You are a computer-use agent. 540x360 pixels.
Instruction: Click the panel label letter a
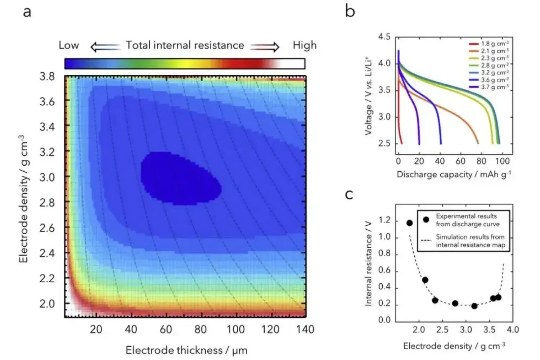[x=27, y=12]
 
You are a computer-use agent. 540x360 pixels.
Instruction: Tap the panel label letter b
[x=350, y=11]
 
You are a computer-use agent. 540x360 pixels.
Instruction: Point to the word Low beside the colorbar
[x=69, y=45]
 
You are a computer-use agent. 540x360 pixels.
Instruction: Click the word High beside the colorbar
[x=305, y=45]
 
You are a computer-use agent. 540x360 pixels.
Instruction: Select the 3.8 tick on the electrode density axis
[x=47, y=76]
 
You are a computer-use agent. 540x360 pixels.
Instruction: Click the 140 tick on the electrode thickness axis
[x=305, y=329]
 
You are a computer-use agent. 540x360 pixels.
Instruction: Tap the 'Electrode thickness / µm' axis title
[x=186, y=350]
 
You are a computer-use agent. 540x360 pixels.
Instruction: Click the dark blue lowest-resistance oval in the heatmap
[x=180, y=178]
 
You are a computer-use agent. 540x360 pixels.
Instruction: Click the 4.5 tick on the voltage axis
[x=384, y=37]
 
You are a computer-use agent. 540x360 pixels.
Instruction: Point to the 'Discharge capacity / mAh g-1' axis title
[x=454, y=175]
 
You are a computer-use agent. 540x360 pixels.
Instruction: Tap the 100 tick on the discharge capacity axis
[x=502, y=161]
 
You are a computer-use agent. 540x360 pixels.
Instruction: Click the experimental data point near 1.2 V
[x=410, y=223]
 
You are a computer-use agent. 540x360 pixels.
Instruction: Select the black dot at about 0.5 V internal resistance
[x=425, y=280]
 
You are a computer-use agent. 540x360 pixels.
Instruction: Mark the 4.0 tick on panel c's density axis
[x=513, y=330]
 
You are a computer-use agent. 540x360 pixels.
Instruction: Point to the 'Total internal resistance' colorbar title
[x=185, y=45]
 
